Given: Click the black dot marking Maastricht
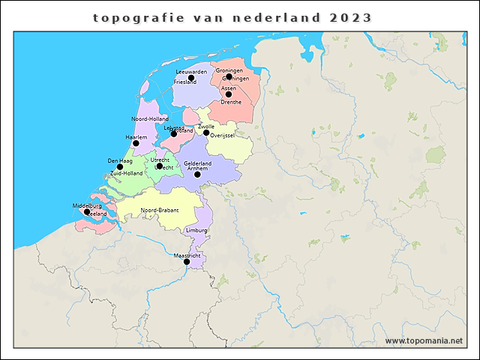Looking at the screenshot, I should coord(187,261).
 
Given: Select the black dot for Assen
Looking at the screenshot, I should coord(228,94).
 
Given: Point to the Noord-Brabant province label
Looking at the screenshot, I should coord(160,210).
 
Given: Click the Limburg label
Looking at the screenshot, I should coord(196,230).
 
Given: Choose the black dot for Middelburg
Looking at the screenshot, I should coord(87,211).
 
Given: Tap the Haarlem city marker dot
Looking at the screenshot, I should coord(136,142).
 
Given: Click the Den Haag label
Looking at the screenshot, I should coord(119,160).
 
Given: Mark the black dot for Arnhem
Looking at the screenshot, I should coord(197,174).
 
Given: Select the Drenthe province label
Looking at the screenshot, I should coord(231,102).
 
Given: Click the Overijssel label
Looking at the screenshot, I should coord(223,136).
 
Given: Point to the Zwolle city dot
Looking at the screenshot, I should coord(206,133).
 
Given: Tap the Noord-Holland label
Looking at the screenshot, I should coord(150,119).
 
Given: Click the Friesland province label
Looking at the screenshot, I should coord(184,82).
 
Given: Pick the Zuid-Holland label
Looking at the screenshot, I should coord(126,173).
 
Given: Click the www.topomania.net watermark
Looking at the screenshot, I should coord(424,340).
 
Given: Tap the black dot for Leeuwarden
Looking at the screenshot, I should coord(191,77).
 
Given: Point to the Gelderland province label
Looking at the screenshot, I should coord(197,163).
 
